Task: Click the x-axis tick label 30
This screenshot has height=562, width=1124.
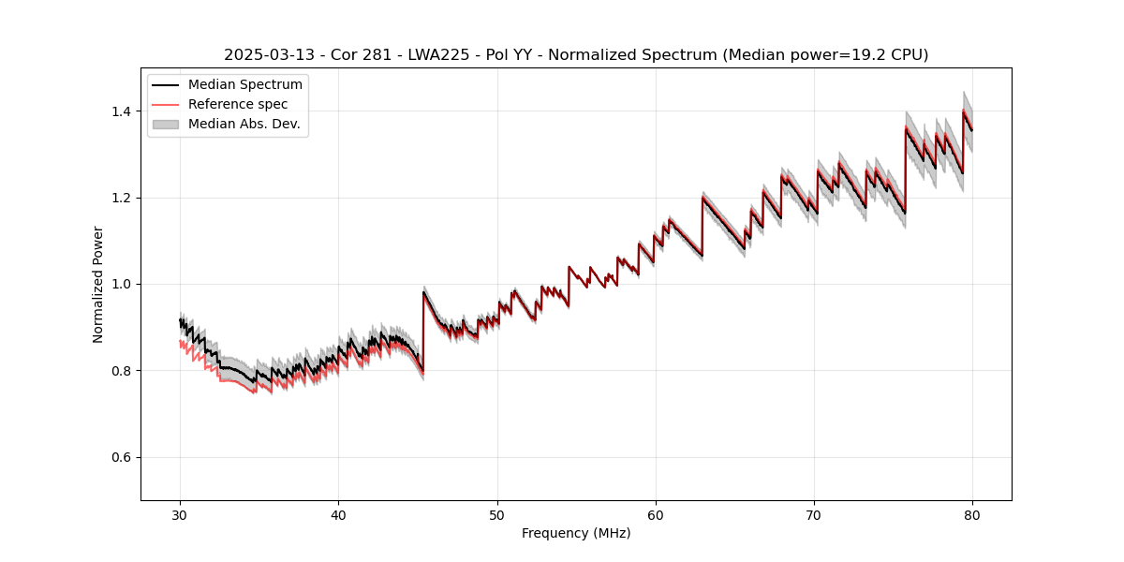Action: pos(181,514)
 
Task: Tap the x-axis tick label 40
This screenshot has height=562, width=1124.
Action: pos(339,514)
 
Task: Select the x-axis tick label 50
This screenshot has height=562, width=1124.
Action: pos(497,514)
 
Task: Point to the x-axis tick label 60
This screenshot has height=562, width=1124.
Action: pos(656,514)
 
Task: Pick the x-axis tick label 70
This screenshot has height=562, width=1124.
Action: pos(814,514)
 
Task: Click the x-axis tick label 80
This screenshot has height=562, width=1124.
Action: pos(972,514)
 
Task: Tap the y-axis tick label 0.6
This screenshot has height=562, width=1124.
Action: pos(122,457)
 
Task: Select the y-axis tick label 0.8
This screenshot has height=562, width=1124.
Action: pos(122,371)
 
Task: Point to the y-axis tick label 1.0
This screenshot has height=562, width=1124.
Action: pos(122,284)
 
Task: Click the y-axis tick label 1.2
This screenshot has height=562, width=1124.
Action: pos(122,198)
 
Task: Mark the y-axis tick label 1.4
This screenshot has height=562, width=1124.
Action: pos(122,111)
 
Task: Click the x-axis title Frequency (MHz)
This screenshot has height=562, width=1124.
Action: pos(576,533)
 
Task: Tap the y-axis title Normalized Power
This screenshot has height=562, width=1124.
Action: pos(98,284)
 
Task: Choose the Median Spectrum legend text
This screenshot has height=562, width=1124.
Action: pos(245,85)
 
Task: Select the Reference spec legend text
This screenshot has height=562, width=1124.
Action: pos(238,104)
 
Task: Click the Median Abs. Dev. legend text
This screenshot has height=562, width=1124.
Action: pos(244,124)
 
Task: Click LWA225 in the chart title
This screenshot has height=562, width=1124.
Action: pos(438,55)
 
